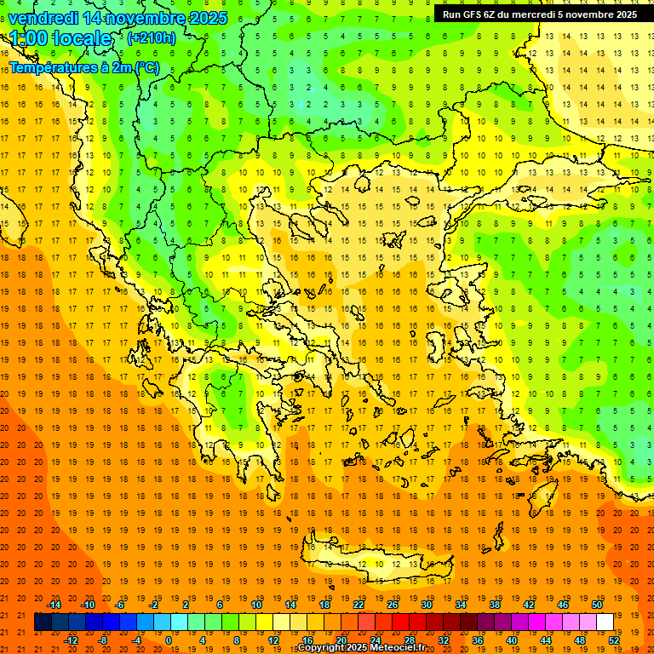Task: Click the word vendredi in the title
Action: pyautogui.click(x=43, y=18)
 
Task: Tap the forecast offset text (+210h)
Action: pyautogui.click(x=152, y=37)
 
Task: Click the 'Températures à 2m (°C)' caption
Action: pyautogui.click(x=83, y=67)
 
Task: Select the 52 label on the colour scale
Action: pyautogui.click(x=614, y=640)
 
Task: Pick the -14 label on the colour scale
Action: pyautogui.click(x=54, y=605)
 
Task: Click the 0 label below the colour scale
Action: pyautogui.click(x=169, y=640)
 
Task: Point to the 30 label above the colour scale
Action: pyautogui.click(x=427, y=605)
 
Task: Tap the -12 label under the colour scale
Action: pyautogui.click(x=71, y=640)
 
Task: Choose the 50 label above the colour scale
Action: pyautogui.click(x=596, y=605)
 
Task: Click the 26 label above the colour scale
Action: pyautogui.click(x=393, y=605)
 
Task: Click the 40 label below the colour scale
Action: pyautogui.click(x=511, y=640)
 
